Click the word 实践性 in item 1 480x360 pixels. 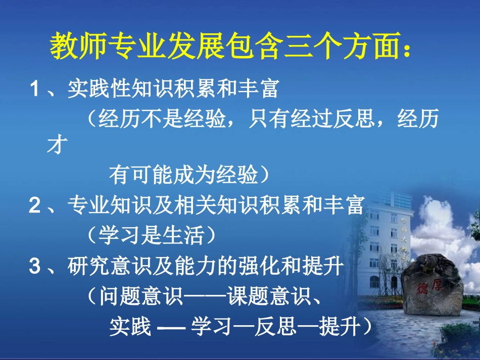click(x=99, y=90)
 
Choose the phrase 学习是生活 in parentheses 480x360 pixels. click(x=152, y=235)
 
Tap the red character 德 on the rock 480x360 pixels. click(x=423, y=288)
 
